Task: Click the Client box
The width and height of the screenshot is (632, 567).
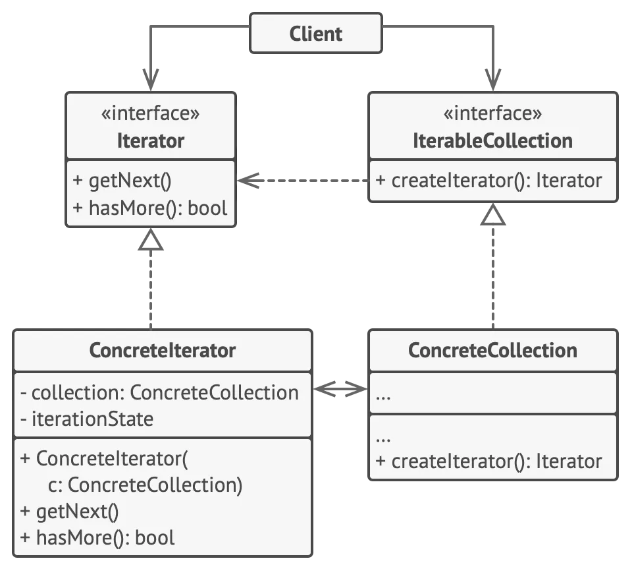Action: click(x=316, y=33)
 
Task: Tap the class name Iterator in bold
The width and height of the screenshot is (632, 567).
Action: click(x=151, y=141)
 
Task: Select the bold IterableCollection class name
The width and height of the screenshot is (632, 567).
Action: click(x=492, y=141)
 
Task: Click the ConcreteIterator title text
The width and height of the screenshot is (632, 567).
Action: click(x=163, y=350)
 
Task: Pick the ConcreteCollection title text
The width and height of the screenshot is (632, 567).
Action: click(x=492, y=350)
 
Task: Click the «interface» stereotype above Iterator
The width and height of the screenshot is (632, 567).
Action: click(x=151, y=113)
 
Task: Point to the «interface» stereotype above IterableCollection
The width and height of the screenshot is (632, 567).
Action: click(x=492, y=113)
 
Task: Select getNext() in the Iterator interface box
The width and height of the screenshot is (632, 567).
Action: click(x=122, y=181)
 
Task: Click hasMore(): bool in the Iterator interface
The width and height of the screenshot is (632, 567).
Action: click(x=150, y=208)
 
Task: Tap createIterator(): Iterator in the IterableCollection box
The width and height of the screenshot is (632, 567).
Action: click(x=488, y=181)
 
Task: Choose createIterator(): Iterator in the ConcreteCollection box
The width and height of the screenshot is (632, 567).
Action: click(x=488, y=462)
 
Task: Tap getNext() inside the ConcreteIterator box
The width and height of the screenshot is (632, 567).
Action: click(x=69, y=512)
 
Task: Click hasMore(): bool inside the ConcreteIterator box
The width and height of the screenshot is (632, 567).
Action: click(x=97, y=538)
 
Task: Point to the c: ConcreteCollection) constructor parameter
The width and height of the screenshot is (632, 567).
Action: click(x=145, y=485)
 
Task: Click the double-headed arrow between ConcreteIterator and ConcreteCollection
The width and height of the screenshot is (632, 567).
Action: click(x=340, y=389)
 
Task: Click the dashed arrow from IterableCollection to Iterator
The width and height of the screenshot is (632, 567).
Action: click(x=303, y=181)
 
